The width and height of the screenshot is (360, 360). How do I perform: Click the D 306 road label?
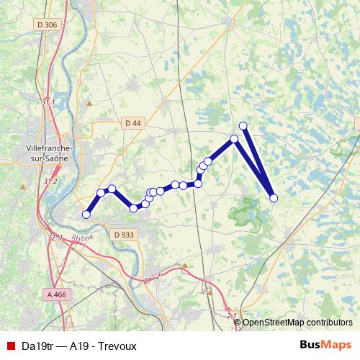47,25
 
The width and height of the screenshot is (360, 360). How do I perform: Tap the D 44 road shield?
132,123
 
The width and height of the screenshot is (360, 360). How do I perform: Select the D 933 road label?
124,234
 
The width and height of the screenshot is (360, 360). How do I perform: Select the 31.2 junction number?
50,181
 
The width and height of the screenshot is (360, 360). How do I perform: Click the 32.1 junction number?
55,238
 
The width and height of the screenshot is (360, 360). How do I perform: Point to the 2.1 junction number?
231,315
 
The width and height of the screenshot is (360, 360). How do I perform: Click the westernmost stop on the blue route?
86,215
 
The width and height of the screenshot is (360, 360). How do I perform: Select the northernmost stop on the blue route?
243,126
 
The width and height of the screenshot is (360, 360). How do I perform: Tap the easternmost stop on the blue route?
274,198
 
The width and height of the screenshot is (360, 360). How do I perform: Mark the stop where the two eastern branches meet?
234,139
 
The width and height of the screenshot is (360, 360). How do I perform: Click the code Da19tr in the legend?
37,345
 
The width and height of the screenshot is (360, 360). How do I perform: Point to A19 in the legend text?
79,345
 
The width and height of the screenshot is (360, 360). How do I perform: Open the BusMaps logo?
325,345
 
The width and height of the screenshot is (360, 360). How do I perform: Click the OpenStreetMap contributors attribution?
297,323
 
